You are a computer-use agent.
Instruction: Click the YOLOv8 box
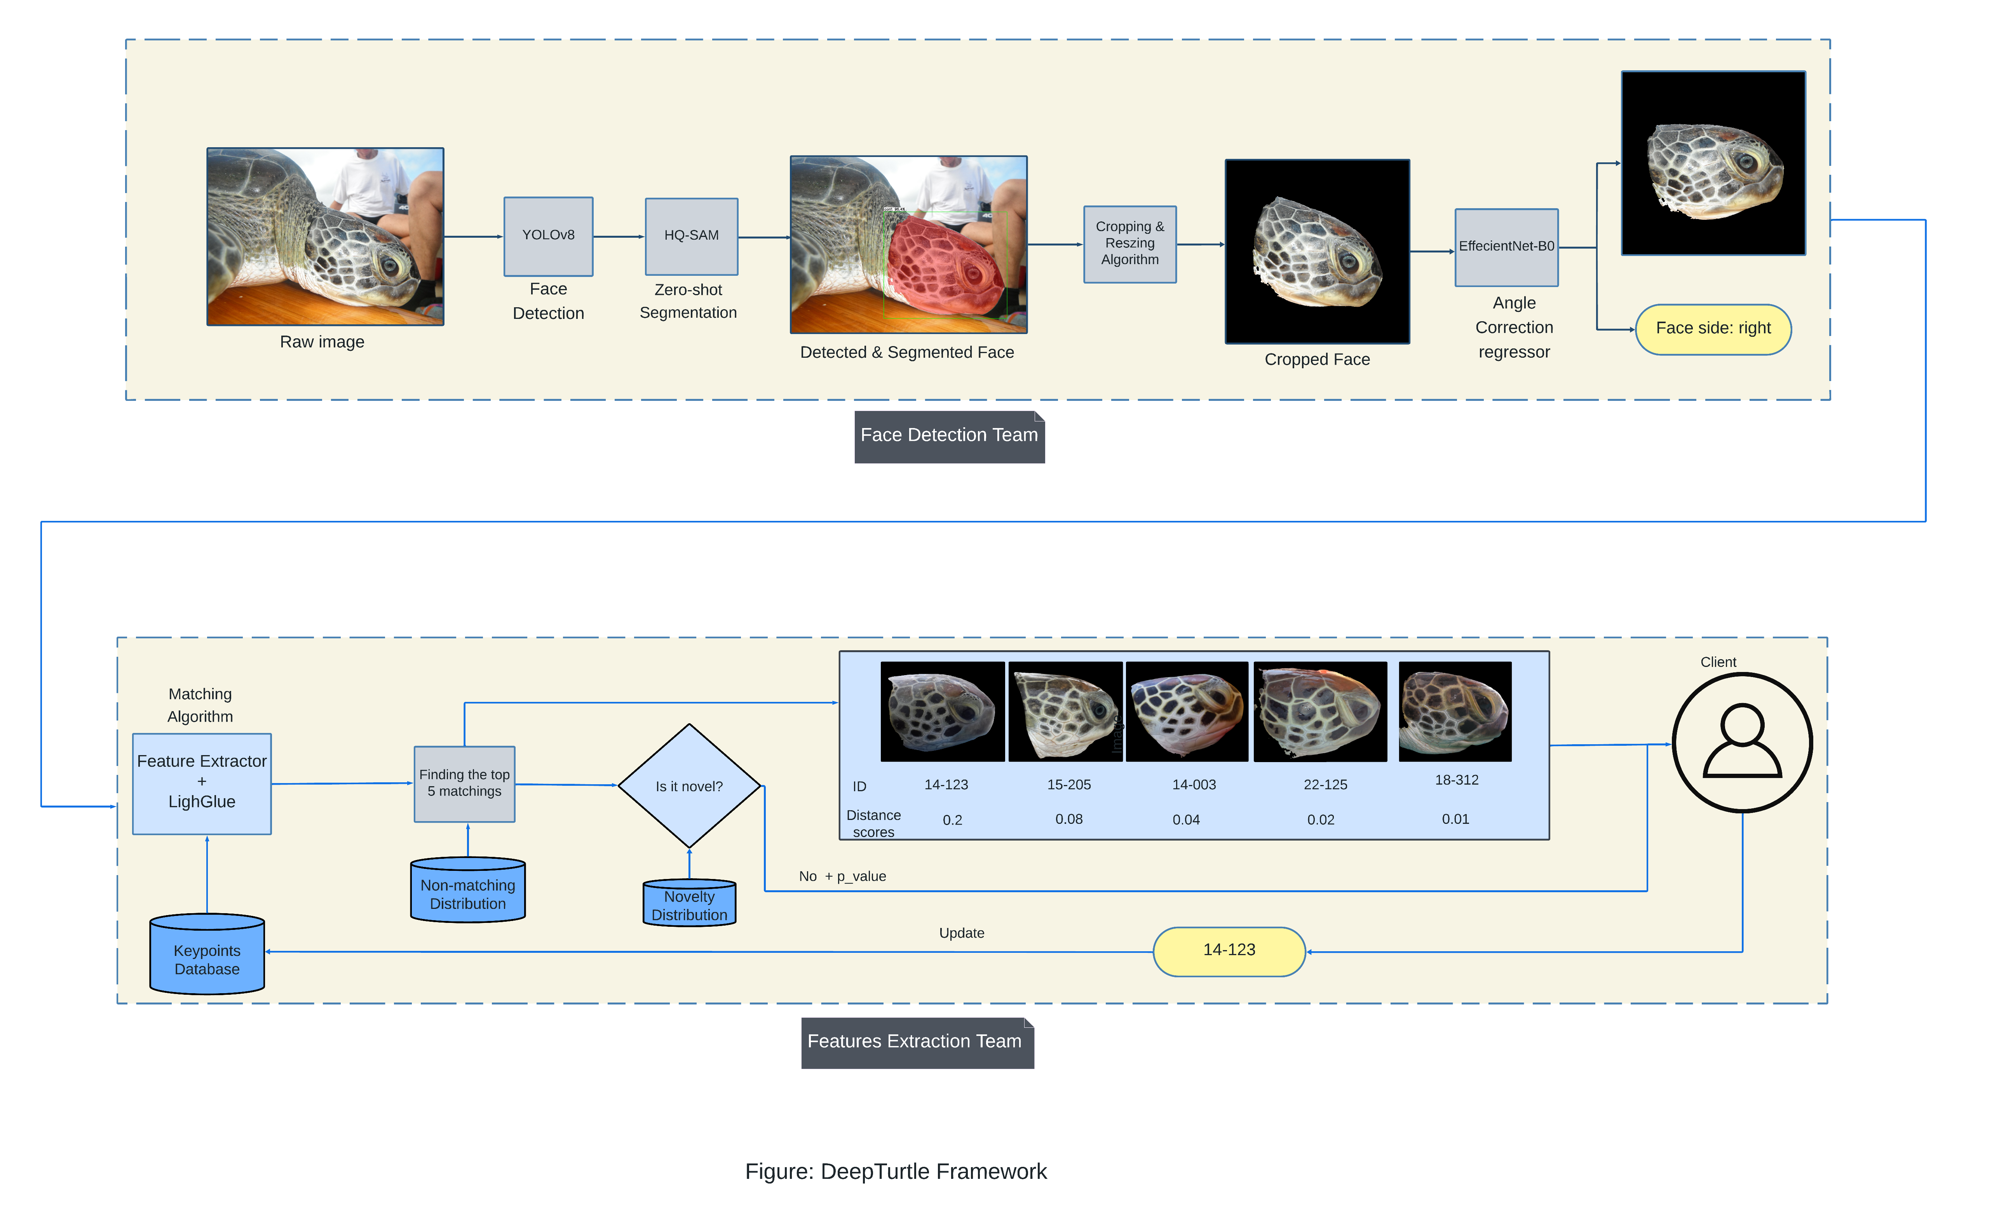(549, 236)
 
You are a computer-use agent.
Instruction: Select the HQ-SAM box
(691, 236)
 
